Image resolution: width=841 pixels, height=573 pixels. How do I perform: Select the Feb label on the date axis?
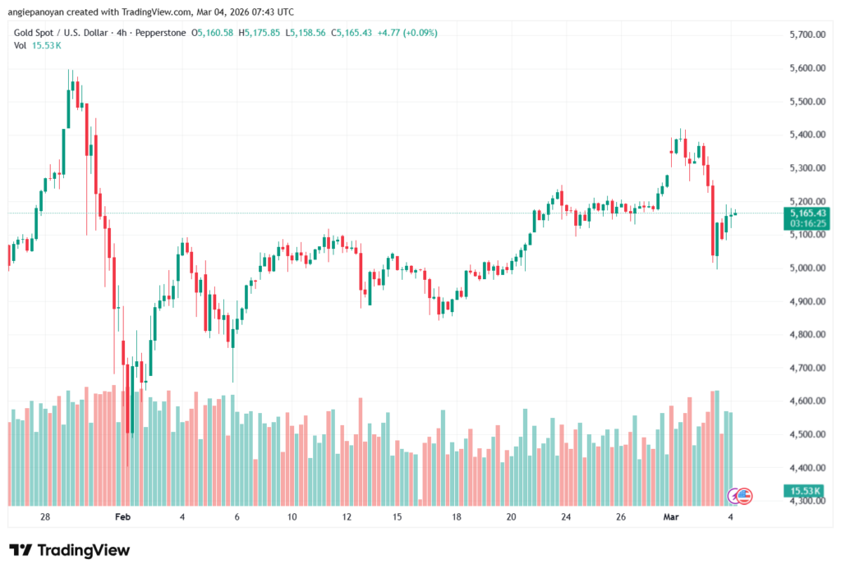click(122, 517)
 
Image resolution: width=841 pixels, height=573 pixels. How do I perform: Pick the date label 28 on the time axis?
click(45, 517)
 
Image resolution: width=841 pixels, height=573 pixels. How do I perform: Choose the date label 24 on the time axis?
click(566, 517)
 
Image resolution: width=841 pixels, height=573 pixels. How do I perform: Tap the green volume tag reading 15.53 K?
click(804, 491)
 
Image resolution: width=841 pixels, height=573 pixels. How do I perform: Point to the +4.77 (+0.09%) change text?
click(407, 33)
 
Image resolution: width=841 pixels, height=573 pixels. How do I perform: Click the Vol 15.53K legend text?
click(36, 45)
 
